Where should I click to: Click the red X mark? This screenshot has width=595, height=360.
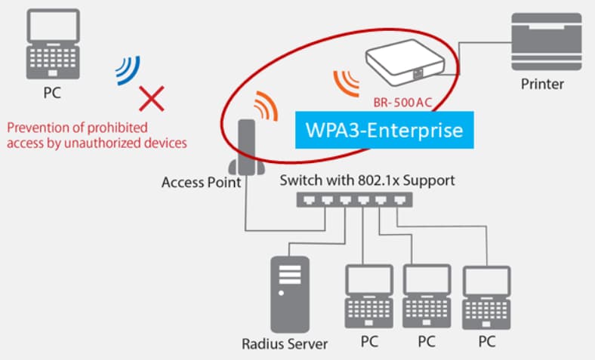(x=153, y=97)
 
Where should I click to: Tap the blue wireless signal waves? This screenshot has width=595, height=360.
(x=127, y=69)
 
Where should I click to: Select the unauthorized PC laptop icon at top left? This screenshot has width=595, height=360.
(x=53, y=47)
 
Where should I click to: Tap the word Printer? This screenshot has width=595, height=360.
(x=542, y=84)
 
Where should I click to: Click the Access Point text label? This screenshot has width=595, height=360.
(x=201, y=182)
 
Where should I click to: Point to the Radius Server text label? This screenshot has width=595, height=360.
(x=285, y=344)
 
